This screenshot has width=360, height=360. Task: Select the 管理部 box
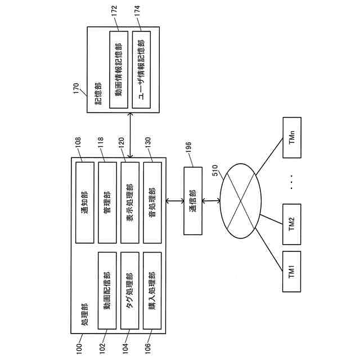point(107,202)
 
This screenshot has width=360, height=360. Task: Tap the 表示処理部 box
point(129,202)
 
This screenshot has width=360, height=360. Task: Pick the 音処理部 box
point(152,202)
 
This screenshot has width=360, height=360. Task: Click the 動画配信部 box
point(107,290)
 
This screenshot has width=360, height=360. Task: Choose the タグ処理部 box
point(129,290)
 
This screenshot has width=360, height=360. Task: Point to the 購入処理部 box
point(152,290)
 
